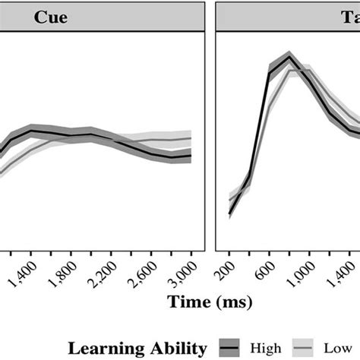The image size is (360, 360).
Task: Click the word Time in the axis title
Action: pyautogui.click(x=190, y=303)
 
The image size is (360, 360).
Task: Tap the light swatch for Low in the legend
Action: pyautogui.click(x=306, y=347)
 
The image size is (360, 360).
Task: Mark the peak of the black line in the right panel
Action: pyautogui.click(x=289, y=56)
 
